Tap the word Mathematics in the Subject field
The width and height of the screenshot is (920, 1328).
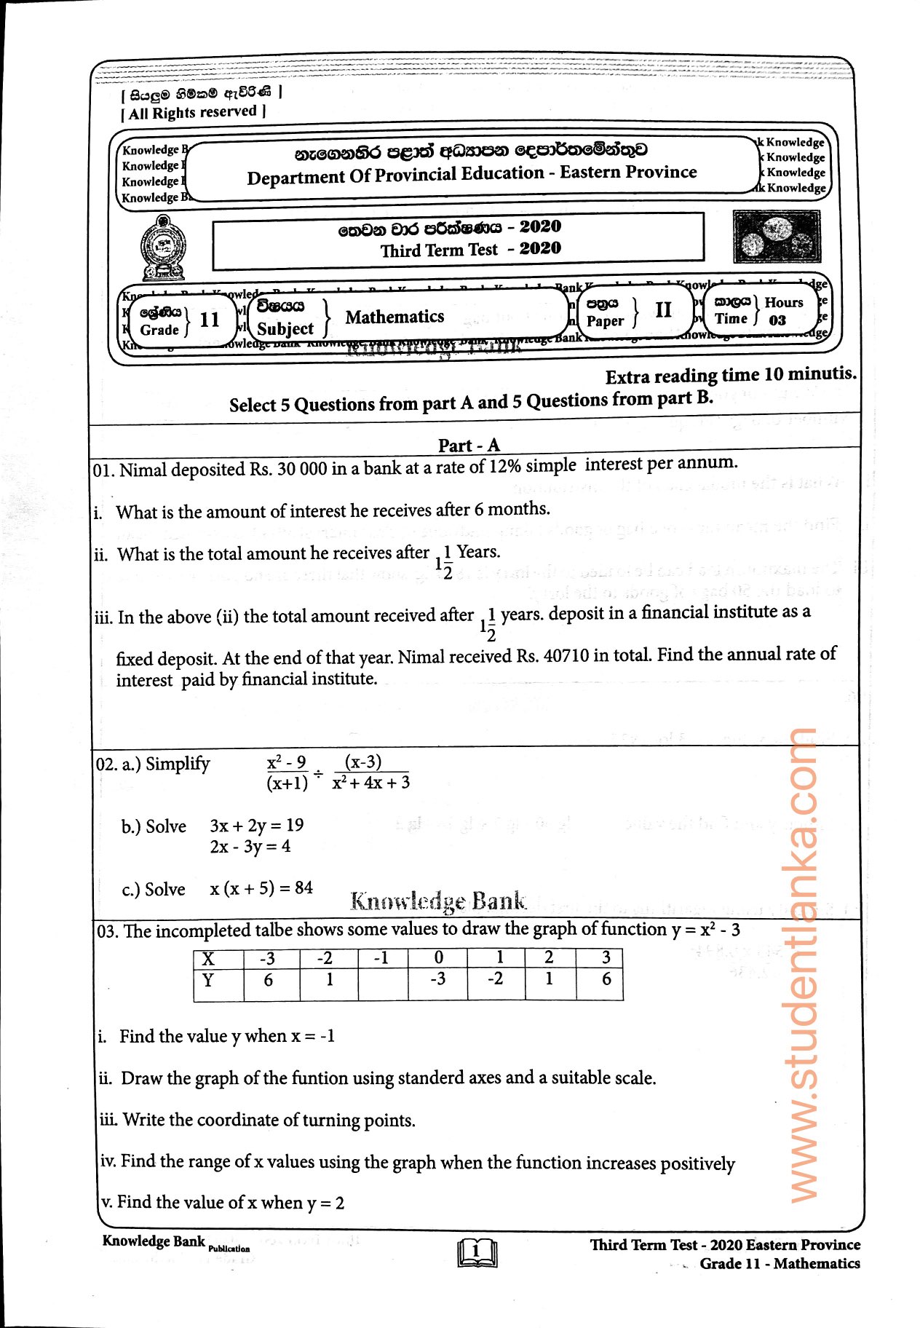pos(394,317)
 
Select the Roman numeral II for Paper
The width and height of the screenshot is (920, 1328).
pos(663,310)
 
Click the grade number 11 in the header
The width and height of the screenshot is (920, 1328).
pos(210,320)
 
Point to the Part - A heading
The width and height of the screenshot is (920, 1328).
pos(469,446)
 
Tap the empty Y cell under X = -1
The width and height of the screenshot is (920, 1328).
pos(383,981)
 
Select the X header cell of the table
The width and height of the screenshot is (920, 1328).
pos(208,959)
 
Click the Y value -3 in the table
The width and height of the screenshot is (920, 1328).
pos(437,979)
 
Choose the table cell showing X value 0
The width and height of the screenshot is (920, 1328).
pos(438,957)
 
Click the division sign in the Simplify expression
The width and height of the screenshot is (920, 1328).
pos(319,772)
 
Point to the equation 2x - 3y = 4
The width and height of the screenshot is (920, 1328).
pos(250,847)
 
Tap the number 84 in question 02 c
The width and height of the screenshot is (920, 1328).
pos(304,888)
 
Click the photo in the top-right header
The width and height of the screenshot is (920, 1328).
pos(776,237)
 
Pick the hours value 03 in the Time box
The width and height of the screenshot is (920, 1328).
pos(777,320)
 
